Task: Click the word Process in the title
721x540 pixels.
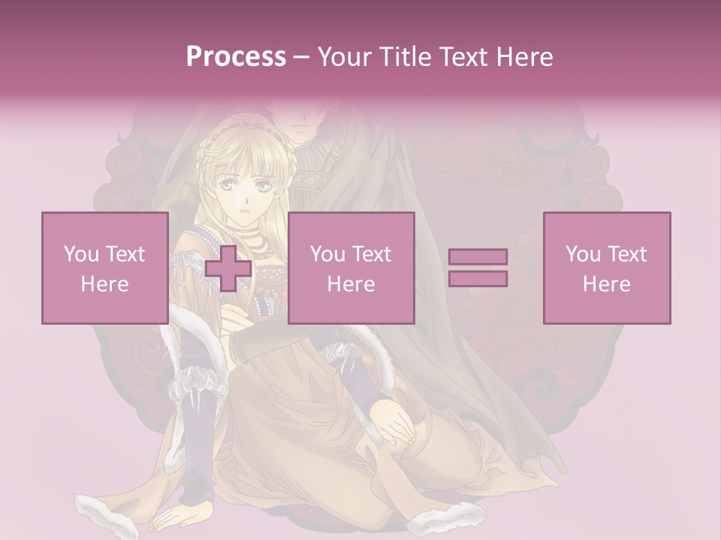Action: coord(236,57)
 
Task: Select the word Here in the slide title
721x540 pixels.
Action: coord(523,57)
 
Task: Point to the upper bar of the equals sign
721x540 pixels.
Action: coord(478,256)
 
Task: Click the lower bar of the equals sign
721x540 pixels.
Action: coord(478,279)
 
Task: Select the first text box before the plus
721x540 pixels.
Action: coord(104,268)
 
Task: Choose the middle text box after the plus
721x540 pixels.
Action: coord(351,268)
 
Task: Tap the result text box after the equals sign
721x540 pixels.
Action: coord(606,268)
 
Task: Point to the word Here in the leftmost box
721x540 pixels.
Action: coord(104,284)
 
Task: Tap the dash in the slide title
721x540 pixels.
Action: coord(302,57)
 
